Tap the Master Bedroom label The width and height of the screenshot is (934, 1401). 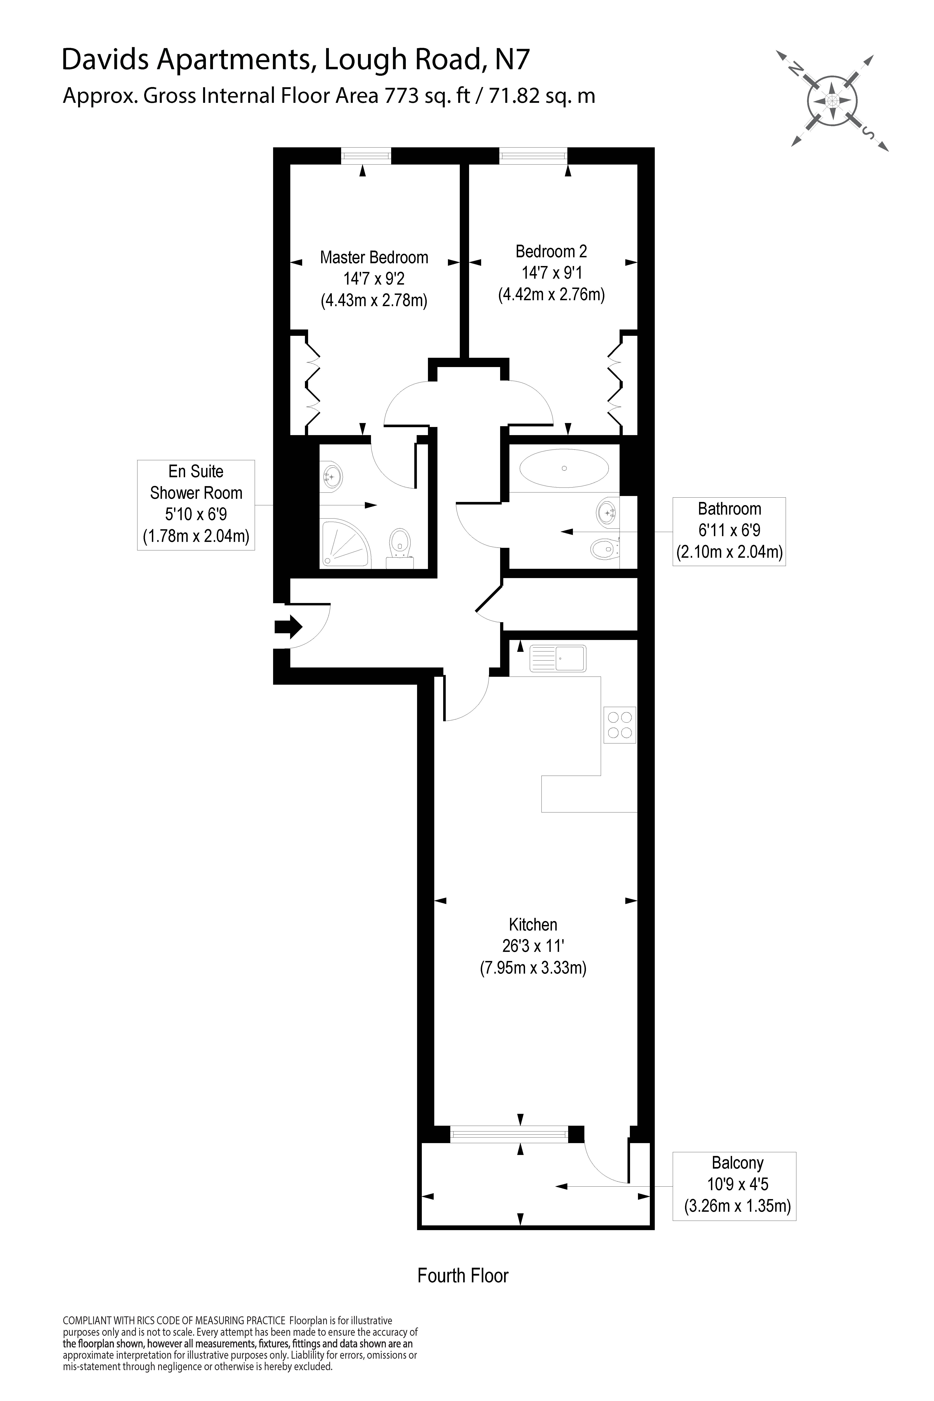click(x=374, y=257)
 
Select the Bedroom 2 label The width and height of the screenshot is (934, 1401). click(x=551, y=251)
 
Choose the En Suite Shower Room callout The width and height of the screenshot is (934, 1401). click(x=196, y=505)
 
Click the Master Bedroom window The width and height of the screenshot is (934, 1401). click(x=366, y=156)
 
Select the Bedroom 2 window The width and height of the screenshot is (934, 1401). click(x=533, y=156)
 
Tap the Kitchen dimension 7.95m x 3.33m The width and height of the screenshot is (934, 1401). click(x=533, y=968)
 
